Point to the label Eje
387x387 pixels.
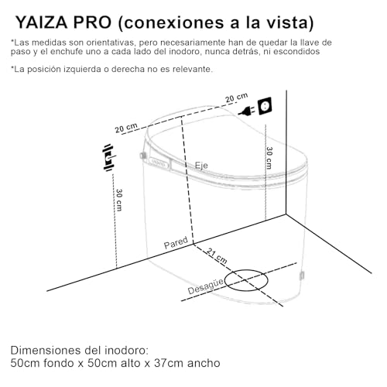(x=201, y=166)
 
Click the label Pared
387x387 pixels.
(x=176, y=244)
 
